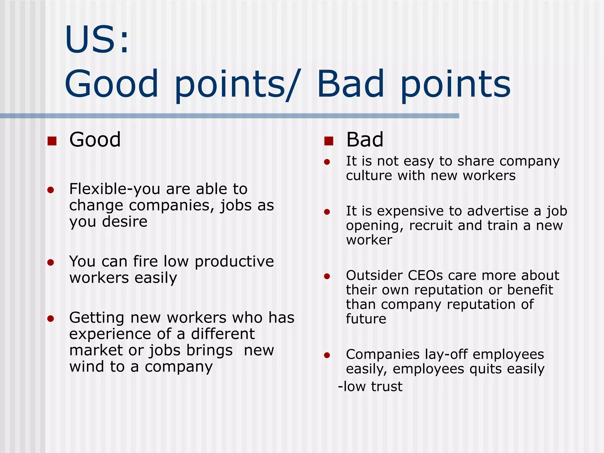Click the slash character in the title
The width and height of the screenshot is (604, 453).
point(294,85)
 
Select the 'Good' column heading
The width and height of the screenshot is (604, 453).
point(95,139)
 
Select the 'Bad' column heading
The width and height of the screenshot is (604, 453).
point(365,139)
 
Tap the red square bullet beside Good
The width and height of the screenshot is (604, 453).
point(52,141)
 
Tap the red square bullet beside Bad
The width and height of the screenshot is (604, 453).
point(329,141)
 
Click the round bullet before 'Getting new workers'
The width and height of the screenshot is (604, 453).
point(51,319)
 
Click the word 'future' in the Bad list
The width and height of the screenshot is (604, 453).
point(366,319)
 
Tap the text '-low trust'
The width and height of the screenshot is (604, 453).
point(370,386)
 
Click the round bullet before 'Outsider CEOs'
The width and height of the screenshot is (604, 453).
point(327,276)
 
